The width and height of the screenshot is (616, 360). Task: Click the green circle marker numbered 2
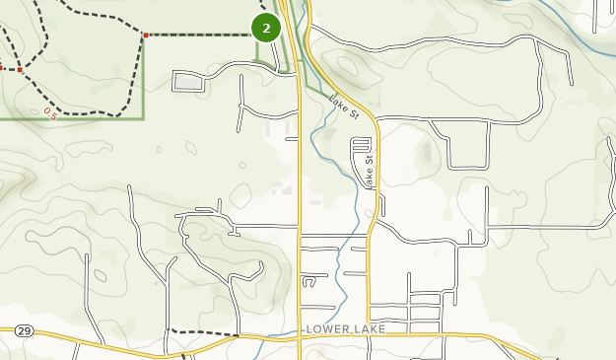tap(266, 29)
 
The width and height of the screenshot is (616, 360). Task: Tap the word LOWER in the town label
tap(329, 327)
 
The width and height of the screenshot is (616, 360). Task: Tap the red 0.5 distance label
tap(50, 112)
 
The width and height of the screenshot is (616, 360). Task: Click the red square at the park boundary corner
tap(145, 36)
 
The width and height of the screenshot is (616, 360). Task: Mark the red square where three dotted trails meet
tap(20, 70)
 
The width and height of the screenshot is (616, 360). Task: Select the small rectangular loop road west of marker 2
tap(189, 81)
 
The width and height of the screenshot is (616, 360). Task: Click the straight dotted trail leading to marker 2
tap(197, 36)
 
